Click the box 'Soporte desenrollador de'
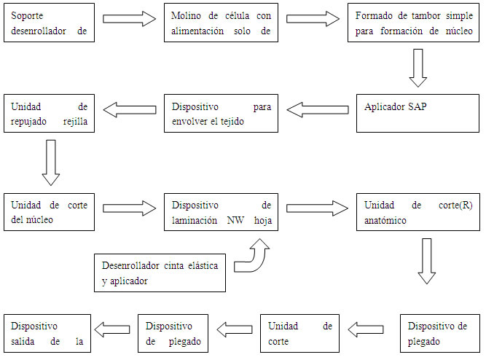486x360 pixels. coord(48,23)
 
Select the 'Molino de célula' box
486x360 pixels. coord(222,23)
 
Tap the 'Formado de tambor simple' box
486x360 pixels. coord(412,23)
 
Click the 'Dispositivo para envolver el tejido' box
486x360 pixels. coord(222,113)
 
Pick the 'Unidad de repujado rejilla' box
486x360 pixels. coord(48,113)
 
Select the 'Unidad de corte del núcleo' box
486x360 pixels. coord(48,212)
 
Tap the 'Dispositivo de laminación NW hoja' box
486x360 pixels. coord(222,212)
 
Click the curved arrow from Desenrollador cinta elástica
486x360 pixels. coord(255,259)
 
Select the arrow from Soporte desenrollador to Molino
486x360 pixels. coord(130,18)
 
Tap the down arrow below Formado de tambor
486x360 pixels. coord(418,67)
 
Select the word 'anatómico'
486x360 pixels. coord(385,219)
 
